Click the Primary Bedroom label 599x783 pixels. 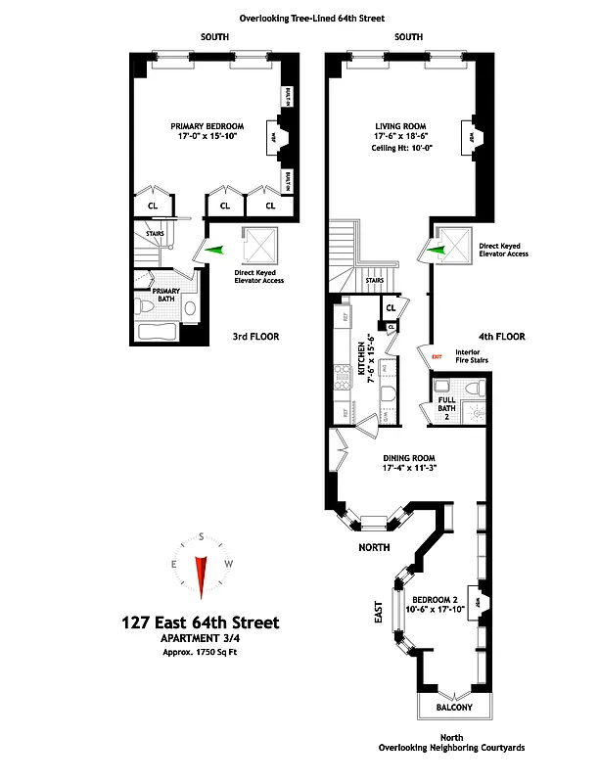pos(207,126)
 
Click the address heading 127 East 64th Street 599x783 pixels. pos(200,622)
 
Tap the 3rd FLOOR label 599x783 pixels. pos(255,337)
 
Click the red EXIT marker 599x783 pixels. pos(437,356)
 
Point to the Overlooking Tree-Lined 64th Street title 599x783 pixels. pos(299,17)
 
